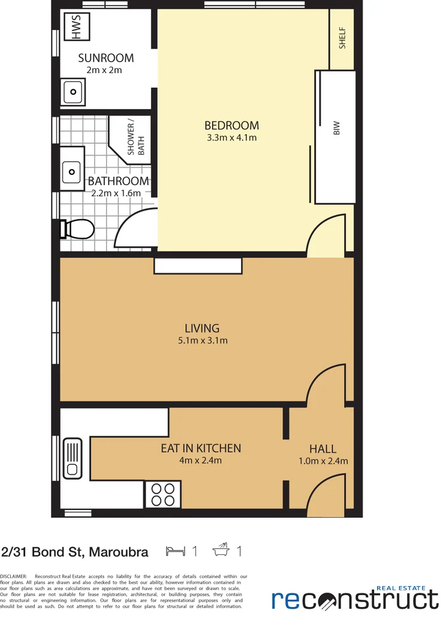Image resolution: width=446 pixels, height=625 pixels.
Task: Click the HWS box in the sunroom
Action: tap(76, 28)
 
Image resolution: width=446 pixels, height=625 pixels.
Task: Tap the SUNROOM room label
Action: tap(106, 58)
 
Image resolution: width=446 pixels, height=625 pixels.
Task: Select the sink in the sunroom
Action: tap(73, 92)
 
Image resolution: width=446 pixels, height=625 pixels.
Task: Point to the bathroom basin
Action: tap(73, 171)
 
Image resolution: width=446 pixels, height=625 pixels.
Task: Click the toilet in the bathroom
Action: tap(79, 229)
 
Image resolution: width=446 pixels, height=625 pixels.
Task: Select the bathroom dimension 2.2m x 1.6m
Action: tap(116, 193)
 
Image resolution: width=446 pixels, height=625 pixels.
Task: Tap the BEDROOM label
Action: tap(231, 125)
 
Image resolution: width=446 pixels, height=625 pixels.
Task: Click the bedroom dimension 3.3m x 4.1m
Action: tap(231, 138)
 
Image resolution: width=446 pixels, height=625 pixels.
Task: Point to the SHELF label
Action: tap(343, 38)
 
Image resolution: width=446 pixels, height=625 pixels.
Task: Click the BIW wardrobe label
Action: tap(336, 128)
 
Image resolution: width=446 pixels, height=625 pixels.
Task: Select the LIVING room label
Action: tap(201, 328)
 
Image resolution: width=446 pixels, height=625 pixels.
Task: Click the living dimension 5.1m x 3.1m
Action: tap(201, 341)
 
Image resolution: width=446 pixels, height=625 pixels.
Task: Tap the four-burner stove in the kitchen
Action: tap(162, 494)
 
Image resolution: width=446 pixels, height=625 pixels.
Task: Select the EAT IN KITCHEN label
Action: tap(201, 448)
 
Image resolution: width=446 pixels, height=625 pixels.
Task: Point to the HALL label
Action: tap(323, 449)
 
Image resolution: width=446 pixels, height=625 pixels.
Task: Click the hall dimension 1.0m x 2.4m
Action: tap(323, 461)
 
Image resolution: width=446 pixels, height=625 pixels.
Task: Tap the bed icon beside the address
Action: tap(175, 551)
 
